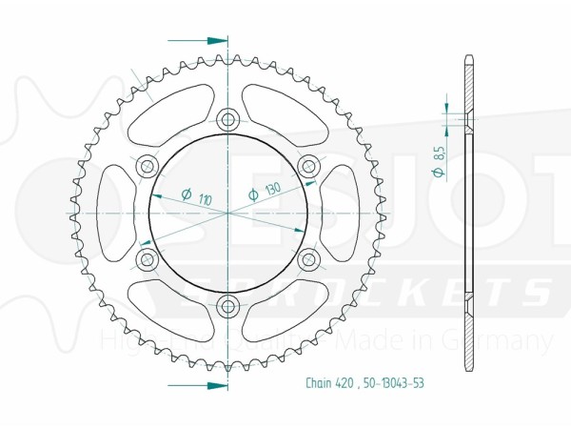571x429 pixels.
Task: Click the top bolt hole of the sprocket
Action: pyautogui.click(x=228, y=119)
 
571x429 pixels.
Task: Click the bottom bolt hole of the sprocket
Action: pyautogui.click(x=228, y=306)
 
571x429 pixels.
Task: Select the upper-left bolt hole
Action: pyautogui.click(x=148, y=167)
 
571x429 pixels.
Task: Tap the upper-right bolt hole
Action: pyautogui.click(x=308, y=167)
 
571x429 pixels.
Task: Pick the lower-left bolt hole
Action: pyautogui.click(x=148, y=258)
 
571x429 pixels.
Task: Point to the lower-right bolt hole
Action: pyautogui.click(x=308, y=258)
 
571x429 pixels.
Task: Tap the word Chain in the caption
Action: pyautogui.click(x=320, y=384)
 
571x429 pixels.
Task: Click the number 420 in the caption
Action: pyautogui.click(x=346, y=384)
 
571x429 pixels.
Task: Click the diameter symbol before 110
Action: pyautogui.click(x=186, y=194)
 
